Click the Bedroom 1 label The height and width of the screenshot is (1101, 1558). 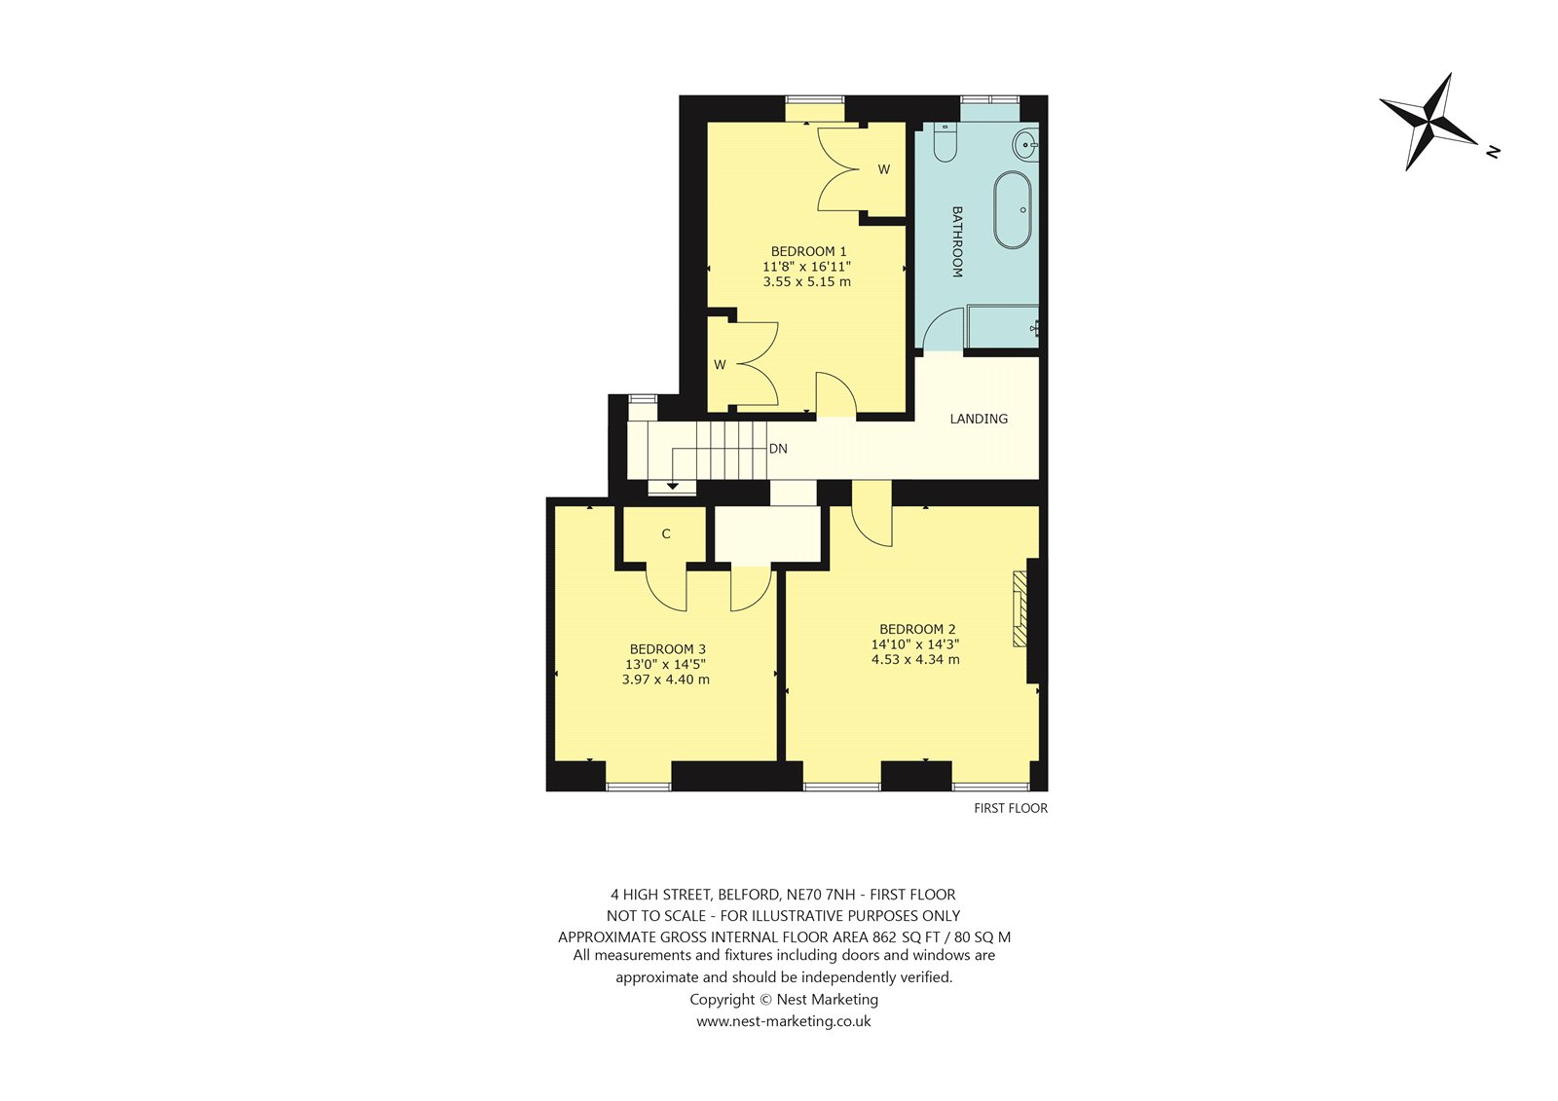(808, 251)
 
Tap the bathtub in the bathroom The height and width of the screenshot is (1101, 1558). (1012, 210)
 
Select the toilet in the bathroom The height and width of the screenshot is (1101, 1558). (945, 142)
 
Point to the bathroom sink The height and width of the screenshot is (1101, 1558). (1025, 146)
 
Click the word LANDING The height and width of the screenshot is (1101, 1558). (979, 419)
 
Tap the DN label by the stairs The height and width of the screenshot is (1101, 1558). (778, 449)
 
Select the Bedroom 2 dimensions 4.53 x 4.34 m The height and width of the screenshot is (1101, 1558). (915, 659)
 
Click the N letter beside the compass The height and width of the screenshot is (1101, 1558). (1493, 152)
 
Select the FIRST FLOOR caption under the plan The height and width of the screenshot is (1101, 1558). (1011, 808)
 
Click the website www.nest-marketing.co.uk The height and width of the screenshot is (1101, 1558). (784, 1021)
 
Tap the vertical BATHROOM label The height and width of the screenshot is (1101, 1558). (957, 242)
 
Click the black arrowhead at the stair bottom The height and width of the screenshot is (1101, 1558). (672, 486)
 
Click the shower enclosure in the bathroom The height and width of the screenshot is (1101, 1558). (1002, 326)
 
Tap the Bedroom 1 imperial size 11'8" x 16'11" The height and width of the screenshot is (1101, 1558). (807, 267)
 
